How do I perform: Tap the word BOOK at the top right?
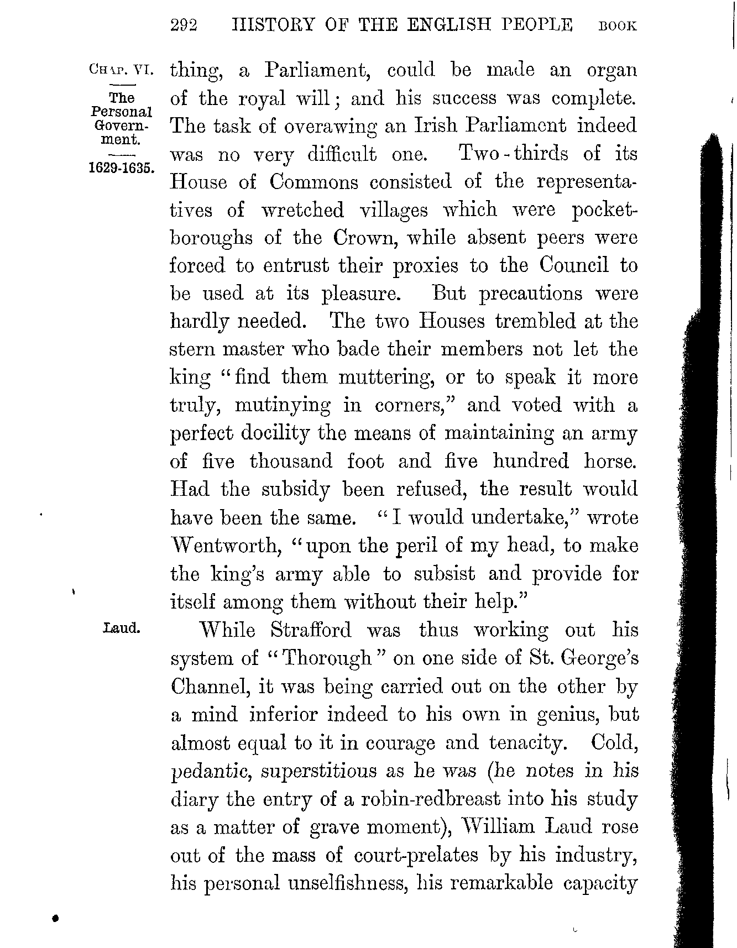[x=618, y=26]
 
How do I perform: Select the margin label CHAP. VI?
[x=119, y=70]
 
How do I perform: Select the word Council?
[x=573, y=266]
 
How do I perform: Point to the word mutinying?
[x=283, y=406]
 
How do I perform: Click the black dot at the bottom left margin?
[x=55, y=918]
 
